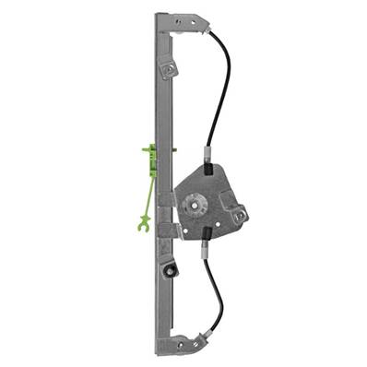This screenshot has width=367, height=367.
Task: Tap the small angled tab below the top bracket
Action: click(168, 68)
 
